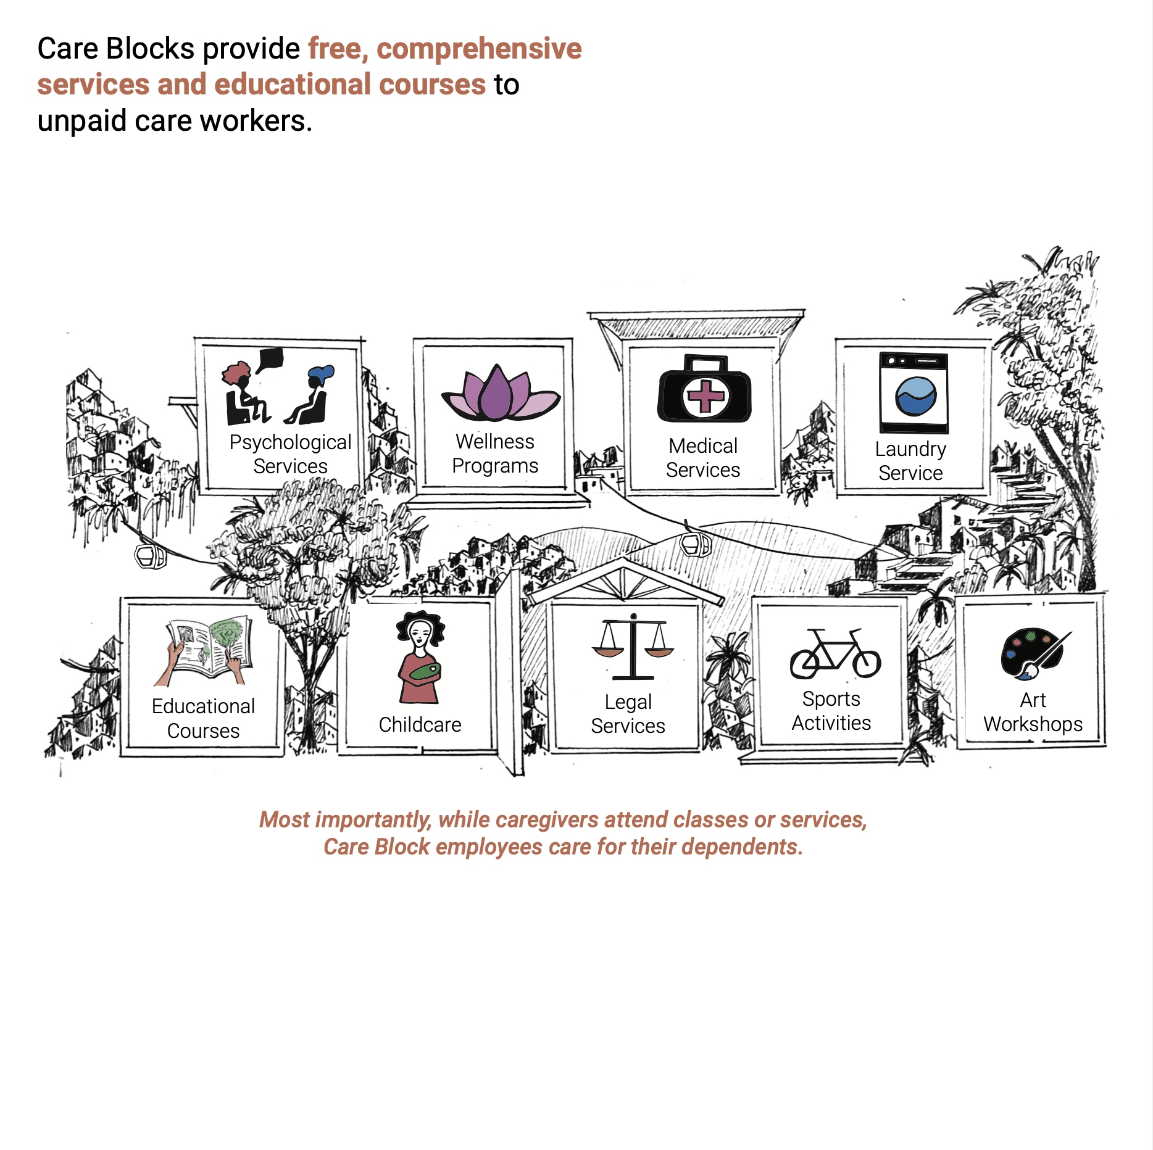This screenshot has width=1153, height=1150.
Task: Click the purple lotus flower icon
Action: (500, 395)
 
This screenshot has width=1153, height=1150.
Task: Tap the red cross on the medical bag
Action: (706, 395)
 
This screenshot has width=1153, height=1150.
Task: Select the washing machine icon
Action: (914, 393)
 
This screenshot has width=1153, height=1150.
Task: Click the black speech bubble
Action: (270, 359)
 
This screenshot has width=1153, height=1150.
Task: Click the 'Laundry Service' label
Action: (910, 461)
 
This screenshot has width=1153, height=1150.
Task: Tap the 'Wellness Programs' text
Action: (495, 453)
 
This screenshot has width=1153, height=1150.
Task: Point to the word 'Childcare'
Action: (420, 724)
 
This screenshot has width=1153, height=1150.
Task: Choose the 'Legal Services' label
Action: (628, 714)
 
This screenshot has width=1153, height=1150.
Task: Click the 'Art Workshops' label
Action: (1033, 712)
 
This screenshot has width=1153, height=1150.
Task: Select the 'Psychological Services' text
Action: (290, 454)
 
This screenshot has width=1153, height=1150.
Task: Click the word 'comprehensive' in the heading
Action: (479, 49)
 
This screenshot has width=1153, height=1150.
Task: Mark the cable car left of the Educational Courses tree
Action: (150, 555)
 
